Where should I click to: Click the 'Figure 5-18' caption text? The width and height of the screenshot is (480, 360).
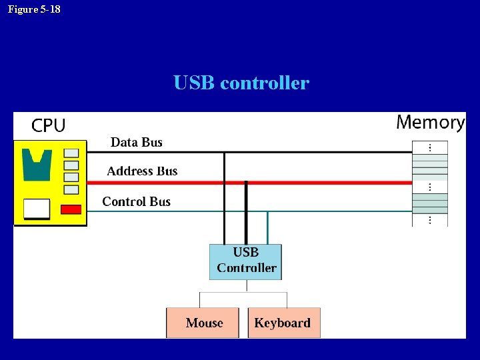pyautogui.click(x=34, y=9)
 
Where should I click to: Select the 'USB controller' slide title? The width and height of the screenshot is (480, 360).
pyautogui.click(x=241, y=83)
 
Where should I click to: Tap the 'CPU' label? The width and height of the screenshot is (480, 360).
pyautogui.click(x=49, y=125)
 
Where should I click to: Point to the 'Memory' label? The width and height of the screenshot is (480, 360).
pyautogui.click(x=430, y=122)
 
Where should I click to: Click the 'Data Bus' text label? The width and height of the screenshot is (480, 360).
pyautogui.click(x=136, y=142)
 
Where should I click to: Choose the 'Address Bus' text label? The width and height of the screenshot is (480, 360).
pyautogui.click(x=142, y=171)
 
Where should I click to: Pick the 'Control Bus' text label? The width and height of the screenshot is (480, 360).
pyautogui.click(x=136, y=201)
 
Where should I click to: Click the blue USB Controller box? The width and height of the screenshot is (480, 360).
pyautogui.click(x=245, y=261)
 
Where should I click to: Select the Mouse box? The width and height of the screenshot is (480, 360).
pyautogui.click(x=203, y=323)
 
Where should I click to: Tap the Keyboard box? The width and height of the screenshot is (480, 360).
pyautogui.click(x=284, y=323)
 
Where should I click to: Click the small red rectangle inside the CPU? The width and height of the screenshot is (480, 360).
pyautogui.click(x=71, y=209)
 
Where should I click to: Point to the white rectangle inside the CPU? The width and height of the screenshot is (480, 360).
pyautogui.click(x=37, y=209)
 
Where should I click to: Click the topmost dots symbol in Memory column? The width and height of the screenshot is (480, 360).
pyautogui.click(x=430, y=147)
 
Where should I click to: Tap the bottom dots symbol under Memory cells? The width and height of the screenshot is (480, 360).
pyautogui.click(x=430, y=219)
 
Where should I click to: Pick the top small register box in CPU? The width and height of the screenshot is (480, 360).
pyautogui.click(x=71, y=153)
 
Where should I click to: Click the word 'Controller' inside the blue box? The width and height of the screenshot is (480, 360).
pyautogui.click(x=247, y=268)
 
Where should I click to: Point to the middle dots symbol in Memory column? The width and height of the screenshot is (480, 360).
pyautogui.click(x=430, y=187)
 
